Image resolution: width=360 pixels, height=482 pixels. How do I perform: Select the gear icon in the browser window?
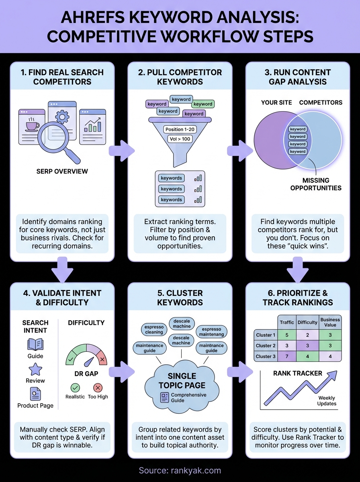(62, 117)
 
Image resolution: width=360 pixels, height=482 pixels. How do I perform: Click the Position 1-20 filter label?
(180, 129)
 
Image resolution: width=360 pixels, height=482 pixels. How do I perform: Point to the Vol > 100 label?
(180, 139)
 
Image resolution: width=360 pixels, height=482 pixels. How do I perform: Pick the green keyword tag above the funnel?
(203, 104)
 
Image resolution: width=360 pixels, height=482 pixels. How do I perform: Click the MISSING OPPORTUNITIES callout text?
(316, 184)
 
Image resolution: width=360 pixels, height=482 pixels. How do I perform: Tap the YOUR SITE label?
(276, 102)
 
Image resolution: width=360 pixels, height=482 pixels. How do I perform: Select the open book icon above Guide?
(35, 344)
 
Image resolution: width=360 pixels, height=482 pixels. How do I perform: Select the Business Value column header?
(330, 323)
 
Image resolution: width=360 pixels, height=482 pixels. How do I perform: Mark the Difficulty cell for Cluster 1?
(307, 335)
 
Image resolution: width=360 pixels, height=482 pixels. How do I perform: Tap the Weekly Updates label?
(326, 400)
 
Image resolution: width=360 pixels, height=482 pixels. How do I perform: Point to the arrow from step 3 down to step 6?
(298, 270)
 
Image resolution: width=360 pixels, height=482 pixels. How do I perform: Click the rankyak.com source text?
(180, 470)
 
